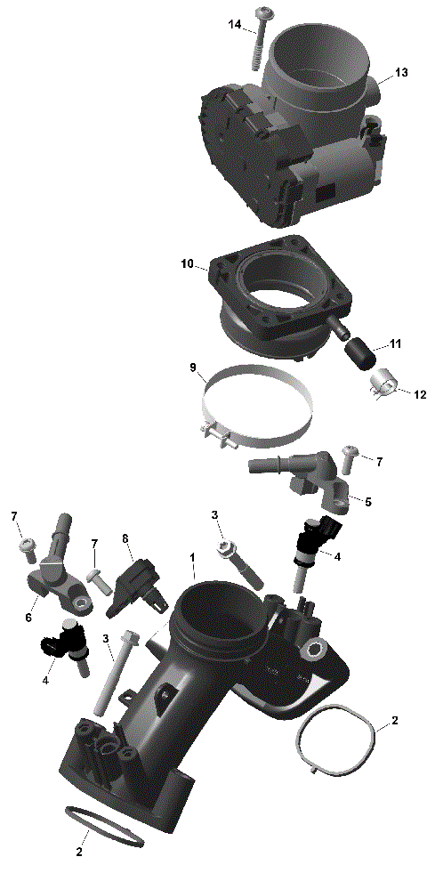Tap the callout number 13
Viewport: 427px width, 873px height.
[401, 72]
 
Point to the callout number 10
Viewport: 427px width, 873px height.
[187, 264]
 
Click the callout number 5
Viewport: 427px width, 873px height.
[368, 501]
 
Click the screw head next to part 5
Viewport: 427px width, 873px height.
[347, 455]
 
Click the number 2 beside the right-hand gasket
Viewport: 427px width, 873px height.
[395, 720]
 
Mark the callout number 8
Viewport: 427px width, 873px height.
[125, 538]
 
